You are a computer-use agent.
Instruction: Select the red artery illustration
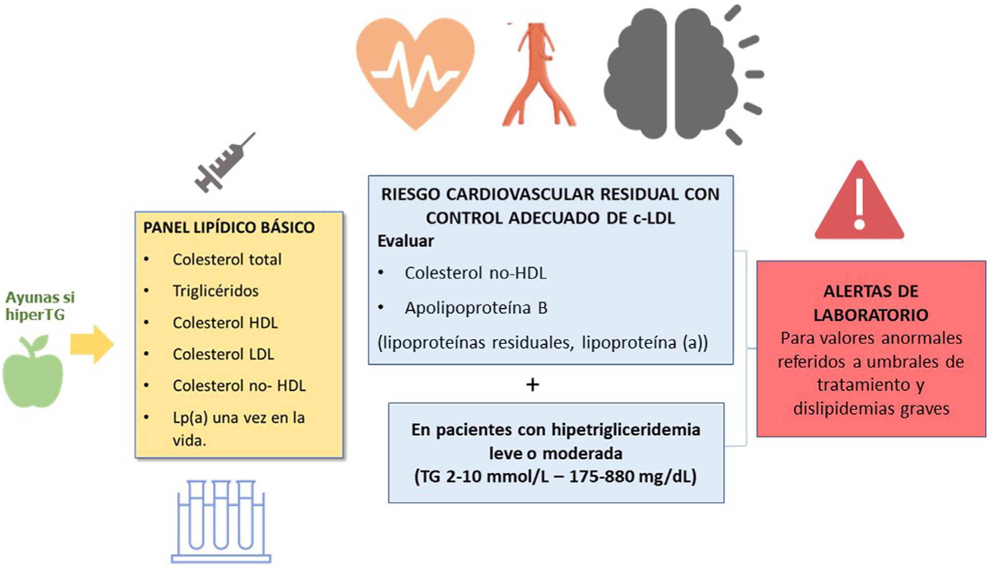(538, 76)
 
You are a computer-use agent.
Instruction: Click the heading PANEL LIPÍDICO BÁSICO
(229, 228)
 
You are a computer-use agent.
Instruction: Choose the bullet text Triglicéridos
(215, 291)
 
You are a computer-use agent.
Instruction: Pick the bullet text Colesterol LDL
(223, 354)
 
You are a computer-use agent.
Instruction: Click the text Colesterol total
(227, 259)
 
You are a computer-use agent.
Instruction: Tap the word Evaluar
(405, 241)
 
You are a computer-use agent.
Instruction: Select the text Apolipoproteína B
(476, 308)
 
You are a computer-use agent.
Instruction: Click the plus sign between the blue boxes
(533, 385)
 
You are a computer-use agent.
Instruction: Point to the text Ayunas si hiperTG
(40, 306)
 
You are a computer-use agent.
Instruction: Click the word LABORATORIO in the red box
(871, 315)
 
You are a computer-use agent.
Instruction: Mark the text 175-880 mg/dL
(632, 476)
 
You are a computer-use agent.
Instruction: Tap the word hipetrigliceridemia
(626, 430)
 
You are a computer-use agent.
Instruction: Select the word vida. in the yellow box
(189, 440)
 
